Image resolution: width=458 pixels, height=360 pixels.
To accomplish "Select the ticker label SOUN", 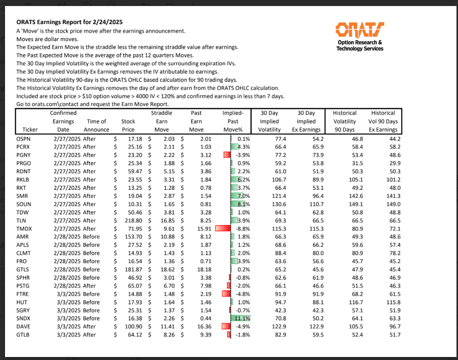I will (x=24, y=204).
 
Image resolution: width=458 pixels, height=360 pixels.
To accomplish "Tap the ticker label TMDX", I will (x=24, y=228).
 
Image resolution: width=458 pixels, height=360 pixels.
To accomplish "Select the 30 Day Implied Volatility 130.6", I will (x=277, y=204).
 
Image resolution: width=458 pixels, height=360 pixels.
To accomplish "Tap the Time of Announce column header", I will (x=96, y=126).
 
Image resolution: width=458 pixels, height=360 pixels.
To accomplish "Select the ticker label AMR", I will (x=23, y=236).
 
